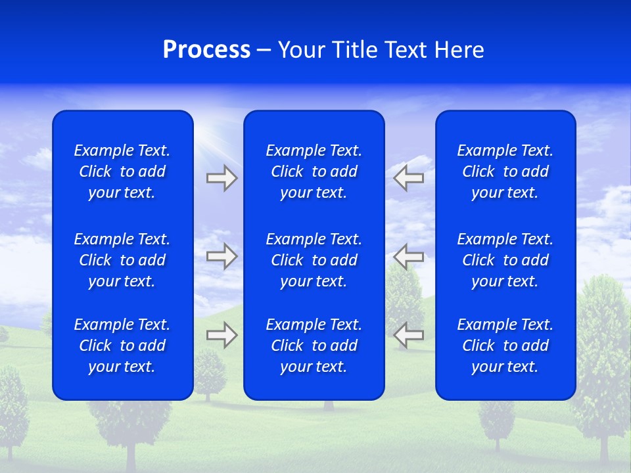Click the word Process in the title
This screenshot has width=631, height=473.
(206, 50)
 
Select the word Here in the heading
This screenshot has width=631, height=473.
(459, 50)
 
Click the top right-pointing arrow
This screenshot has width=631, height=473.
(222, 178)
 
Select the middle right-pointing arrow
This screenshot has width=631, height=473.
(222, 256)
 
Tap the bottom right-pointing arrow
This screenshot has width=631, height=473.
(222, 335)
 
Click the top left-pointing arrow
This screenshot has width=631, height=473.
(408, 178)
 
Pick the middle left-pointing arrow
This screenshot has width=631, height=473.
(408, 256)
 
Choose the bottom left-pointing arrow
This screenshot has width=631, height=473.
(408, 335)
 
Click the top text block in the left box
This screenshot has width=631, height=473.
(122, 171)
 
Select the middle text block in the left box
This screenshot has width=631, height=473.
(122, 260)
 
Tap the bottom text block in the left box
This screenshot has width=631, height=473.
(122, 346)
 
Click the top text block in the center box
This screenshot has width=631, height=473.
(314, 171)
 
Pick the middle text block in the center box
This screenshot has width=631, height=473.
(314, 260)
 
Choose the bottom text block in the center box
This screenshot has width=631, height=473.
(314, 346)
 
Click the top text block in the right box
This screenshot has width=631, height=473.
(505, 171)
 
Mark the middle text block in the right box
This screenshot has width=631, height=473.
(505, 260)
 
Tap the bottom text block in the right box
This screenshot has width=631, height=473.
(505, 346)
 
